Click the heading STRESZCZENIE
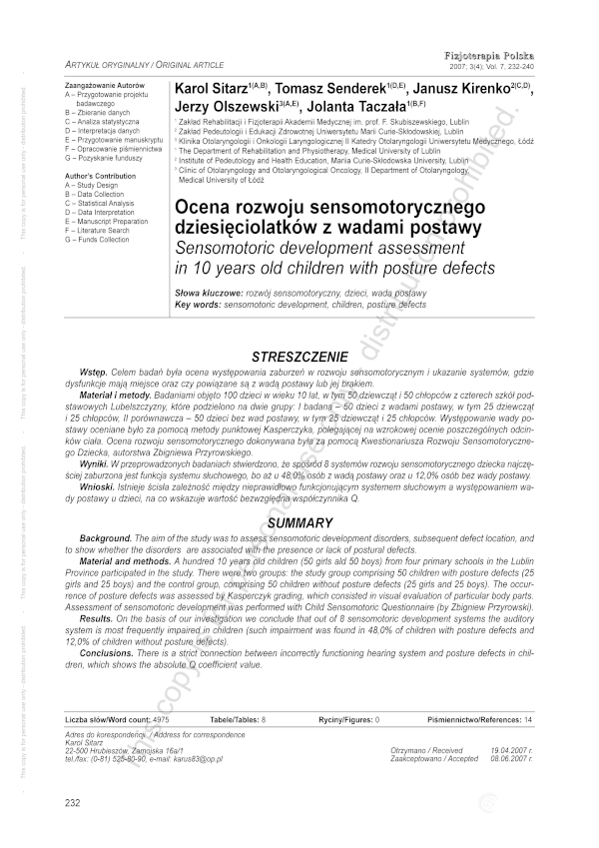click(x=299, y=356)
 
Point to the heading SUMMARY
click(x=299, y=523)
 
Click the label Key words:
click(x=198, y=303)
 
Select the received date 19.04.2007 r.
click(x=511, y=749)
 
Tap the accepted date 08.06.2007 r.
click(x=511, y=758)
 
